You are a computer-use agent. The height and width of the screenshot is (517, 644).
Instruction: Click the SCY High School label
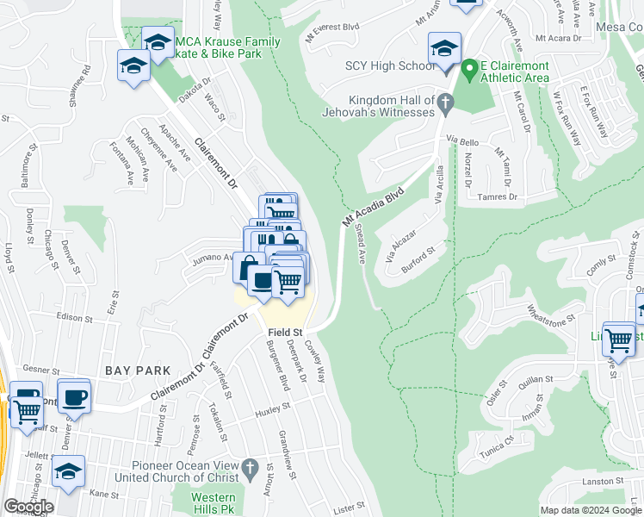[x=390, y=66]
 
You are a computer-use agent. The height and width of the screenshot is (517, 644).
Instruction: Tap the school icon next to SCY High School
[x=444, y=48]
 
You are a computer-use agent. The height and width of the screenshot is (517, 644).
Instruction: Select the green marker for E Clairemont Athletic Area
[x=469, y=67]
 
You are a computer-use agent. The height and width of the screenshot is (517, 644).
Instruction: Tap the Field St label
[x=285, y=332]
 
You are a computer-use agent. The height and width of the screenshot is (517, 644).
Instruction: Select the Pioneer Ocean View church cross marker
[x=250, y=470]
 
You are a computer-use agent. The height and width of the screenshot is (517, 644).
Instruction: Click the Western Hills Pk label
[x=213, y=503]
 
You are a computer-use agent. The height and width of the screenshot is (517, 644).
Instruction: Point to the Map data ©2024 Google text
[x=591, y=510]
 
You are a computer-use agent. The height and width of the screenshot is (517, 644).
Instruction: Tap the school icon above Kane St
[x=69, y=471]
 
